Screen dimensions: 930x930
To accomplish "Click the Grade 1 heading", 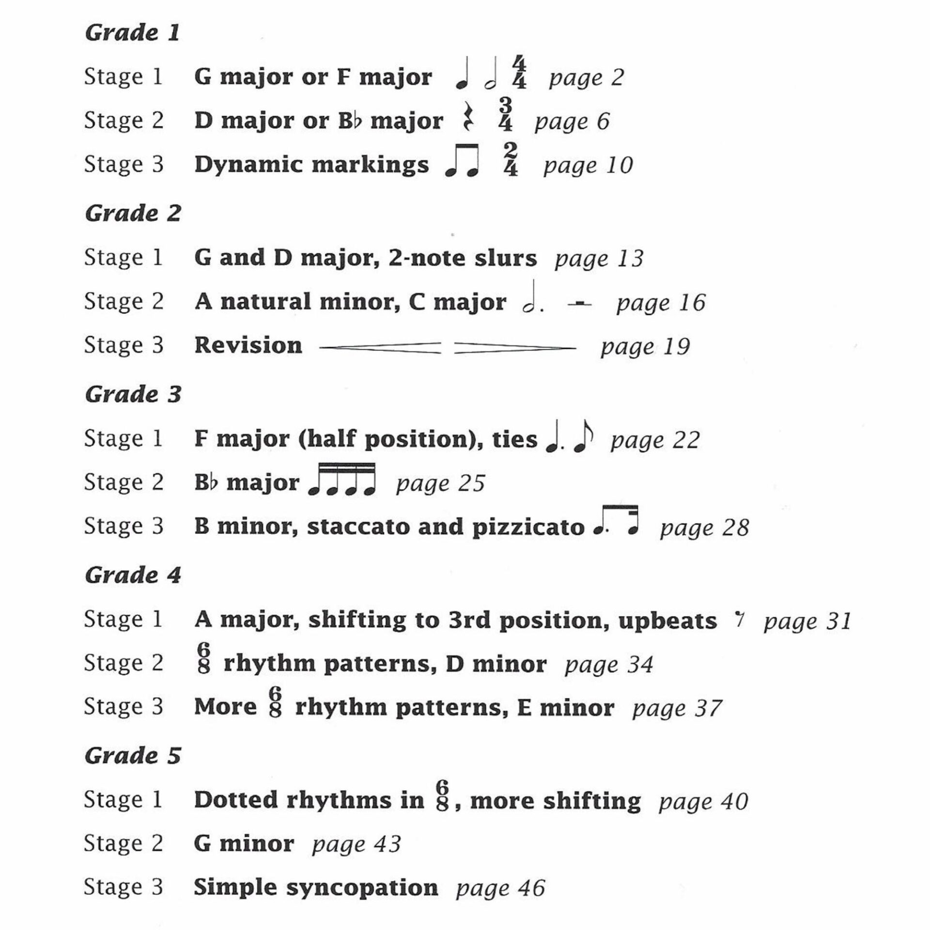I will [132, 33].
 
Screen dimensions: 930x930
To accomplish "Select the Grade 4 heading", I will [133, 575].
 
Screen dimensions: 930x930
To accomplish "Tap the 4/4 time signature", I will [519, 73].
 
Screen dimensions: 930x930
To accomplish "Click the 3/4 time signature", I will [505, 115].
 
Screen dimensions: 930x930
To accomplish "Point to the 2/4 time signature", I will [511, 159].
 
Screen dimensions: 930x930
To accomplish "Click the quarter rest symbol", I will [467, 117].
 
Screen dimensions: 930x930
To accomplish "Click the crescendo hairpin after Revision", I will [380, 348].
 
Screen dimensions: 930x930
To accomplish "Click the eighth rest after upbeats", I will [739, 619].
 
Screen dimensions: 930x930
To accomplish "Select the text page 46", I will [500, 888].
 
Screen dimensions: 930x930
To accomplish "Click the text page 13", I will [599, 259].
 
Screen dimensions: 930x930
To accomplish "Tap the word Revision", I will [248, 345].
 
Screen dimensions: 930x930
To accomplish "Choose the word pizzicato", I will [528, 527].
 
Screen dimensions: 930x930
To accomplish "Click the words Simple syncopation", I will [316, 887].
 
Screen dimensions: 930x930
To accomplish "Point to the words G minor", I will [244, 844].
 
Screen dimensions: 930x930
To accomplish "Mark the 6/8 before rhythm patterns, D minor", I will [204, 659].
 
